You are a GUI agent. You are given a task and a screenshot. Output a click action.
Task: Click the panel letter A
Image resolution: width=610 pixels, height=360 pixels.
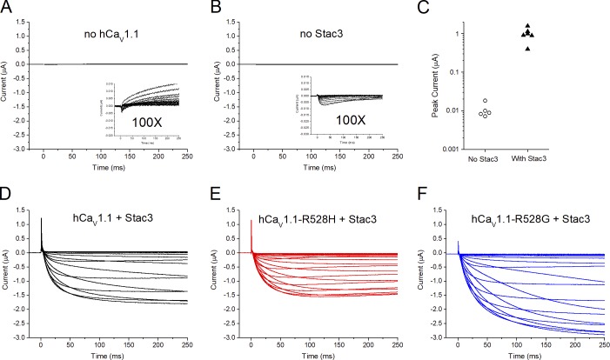[8, 8]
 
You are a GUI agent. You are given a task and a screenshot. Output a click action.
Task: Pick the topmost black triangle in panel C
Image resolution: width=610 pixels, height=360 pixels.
[527, 25]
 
